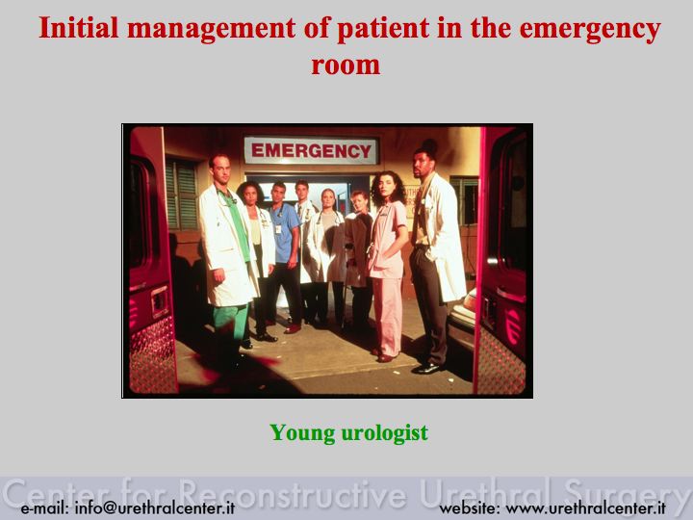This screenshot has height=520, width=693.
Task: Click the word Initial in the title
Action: pyautogui.click(x=79, y=27)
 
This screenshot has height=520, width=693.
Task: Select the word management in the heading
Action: pyautogui.click(x=211, y=29)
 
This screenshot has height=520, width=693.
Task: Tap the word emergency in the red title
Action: pyautogui.click(x=590, y=30)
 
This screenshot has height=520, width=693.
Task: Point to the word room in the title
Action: pyautogui.click(x=346, y=65)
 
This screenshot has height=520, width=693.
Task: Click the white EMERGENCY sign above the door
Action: pyautogui.click(x=311, y=151)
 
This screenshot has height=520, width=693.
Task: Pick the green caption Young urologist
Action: pyautogui.click(x=348, y=432)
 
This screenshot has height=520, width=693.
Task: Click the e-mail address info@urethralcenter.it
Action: pyautogui.click(x=155, y=507)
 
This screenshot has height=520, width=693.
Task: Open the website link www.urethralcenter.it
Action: pyautogui.click(x=585, y=507)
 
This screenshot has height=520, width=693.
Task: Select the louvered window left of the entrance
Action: pyautogui.click(x=181, y=195)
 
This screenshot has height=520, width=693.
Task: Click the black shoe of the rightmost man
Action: pyautogui.click(x=426, y=368)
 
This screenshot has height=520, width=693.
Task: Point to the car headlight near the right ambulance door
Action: pyautogui.click(x=470, y=301)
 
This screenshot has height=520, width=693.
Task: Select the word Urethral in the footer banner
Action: pyautogui.click(x=484, y=492)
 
